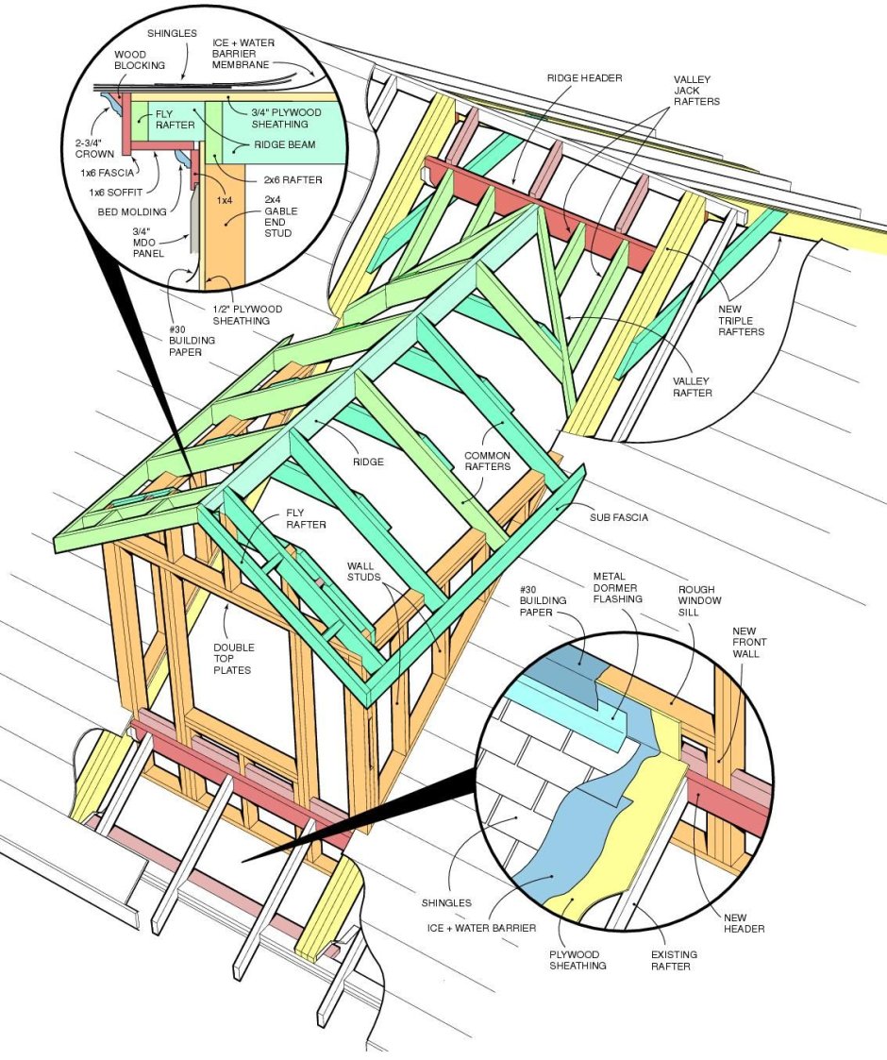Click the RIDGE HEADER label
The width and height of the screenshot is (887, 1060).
point(584,77)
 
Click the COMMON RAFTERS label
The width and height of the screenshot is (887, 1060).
point(487,462)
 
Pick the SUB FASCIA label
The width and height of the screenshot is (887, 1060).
point(619,516)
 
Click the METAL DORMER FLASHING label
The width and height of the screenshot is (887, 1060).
point(618,587)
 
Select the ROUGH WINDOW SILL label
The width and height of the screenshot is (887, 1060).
point(700,600)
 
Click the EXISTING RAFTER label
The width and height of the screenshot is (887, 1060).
point(674,961)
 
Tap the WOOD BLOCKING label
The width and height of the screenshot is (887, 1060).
point(140,60)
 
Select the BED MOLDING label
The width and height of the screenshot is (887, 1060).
point(132,211)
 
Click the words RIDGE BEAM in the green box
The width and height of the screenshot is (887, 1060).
point(284,145)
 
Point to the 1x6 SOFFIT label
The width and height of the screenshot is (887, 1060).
point(116,193)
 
